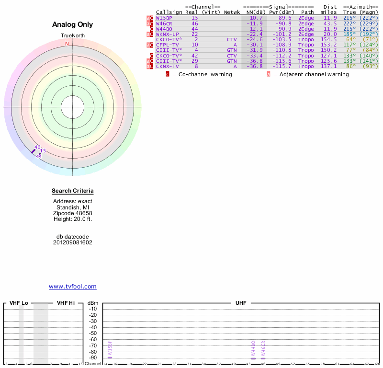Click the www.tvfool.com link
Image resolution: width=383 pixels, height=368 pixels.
pos(73,287)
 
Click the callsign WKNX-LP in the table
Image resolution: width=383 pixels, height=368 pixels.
pos(167,34)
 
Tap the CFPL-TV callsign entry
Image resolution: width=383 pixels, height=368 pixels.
pos(167,45)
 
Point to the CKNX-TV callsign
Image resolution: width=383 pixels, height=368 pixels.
pos(167,66)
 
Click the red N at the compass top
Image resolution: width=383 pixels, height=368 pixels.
pos(68,44)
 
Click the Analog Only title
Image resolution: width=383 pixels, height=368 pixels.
pos(73,25)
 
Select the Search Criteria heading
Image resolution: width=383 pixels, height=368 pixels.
pos(73,191)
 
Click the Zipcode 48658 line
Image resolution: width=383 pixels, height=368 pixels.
pos(73,213)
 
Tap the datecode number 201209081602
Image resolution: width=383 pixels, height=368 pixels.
pos(73,242)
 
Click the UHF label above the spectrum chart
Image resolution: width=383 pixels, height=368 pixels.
pos(241,303)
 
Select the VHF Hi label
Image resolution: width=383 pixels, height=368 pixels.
pos(66,303)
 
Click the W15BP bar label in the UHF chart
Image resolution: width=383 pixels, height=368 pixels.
pos(110,347)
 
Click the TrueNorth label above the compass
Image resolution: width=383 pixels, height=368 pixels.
pos(73,36)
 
